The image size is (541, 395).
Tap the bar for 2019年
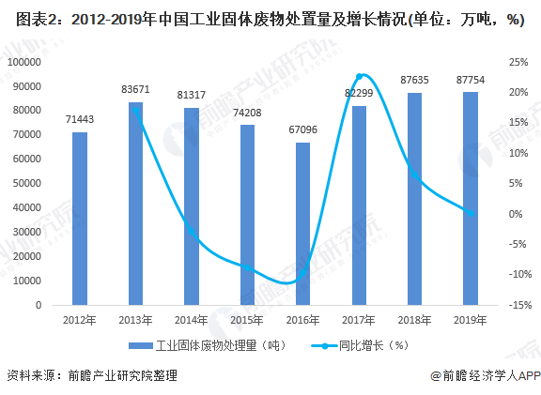pyautogui.click(x=471, y=198)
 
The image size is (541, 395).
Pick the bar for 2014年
pyautogui.click(x=192, y=206)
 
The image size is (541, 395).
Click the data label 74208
pyautogui.click(x=247, y=113)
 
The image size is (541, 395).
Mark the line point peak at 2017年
pyautogui.click(x=360, y=76)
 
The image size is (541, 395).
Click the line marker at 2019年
pyautogui.click(x=471, y=213)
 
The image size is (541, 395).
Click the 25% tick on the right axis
pyautogui.click(x=518, y=62)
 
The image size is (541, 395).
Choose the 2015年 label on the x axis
pyautogui.click(x=247, y=321)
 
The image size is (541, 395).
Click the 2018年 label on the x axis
pyautogui.click(x=414, y=321)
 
